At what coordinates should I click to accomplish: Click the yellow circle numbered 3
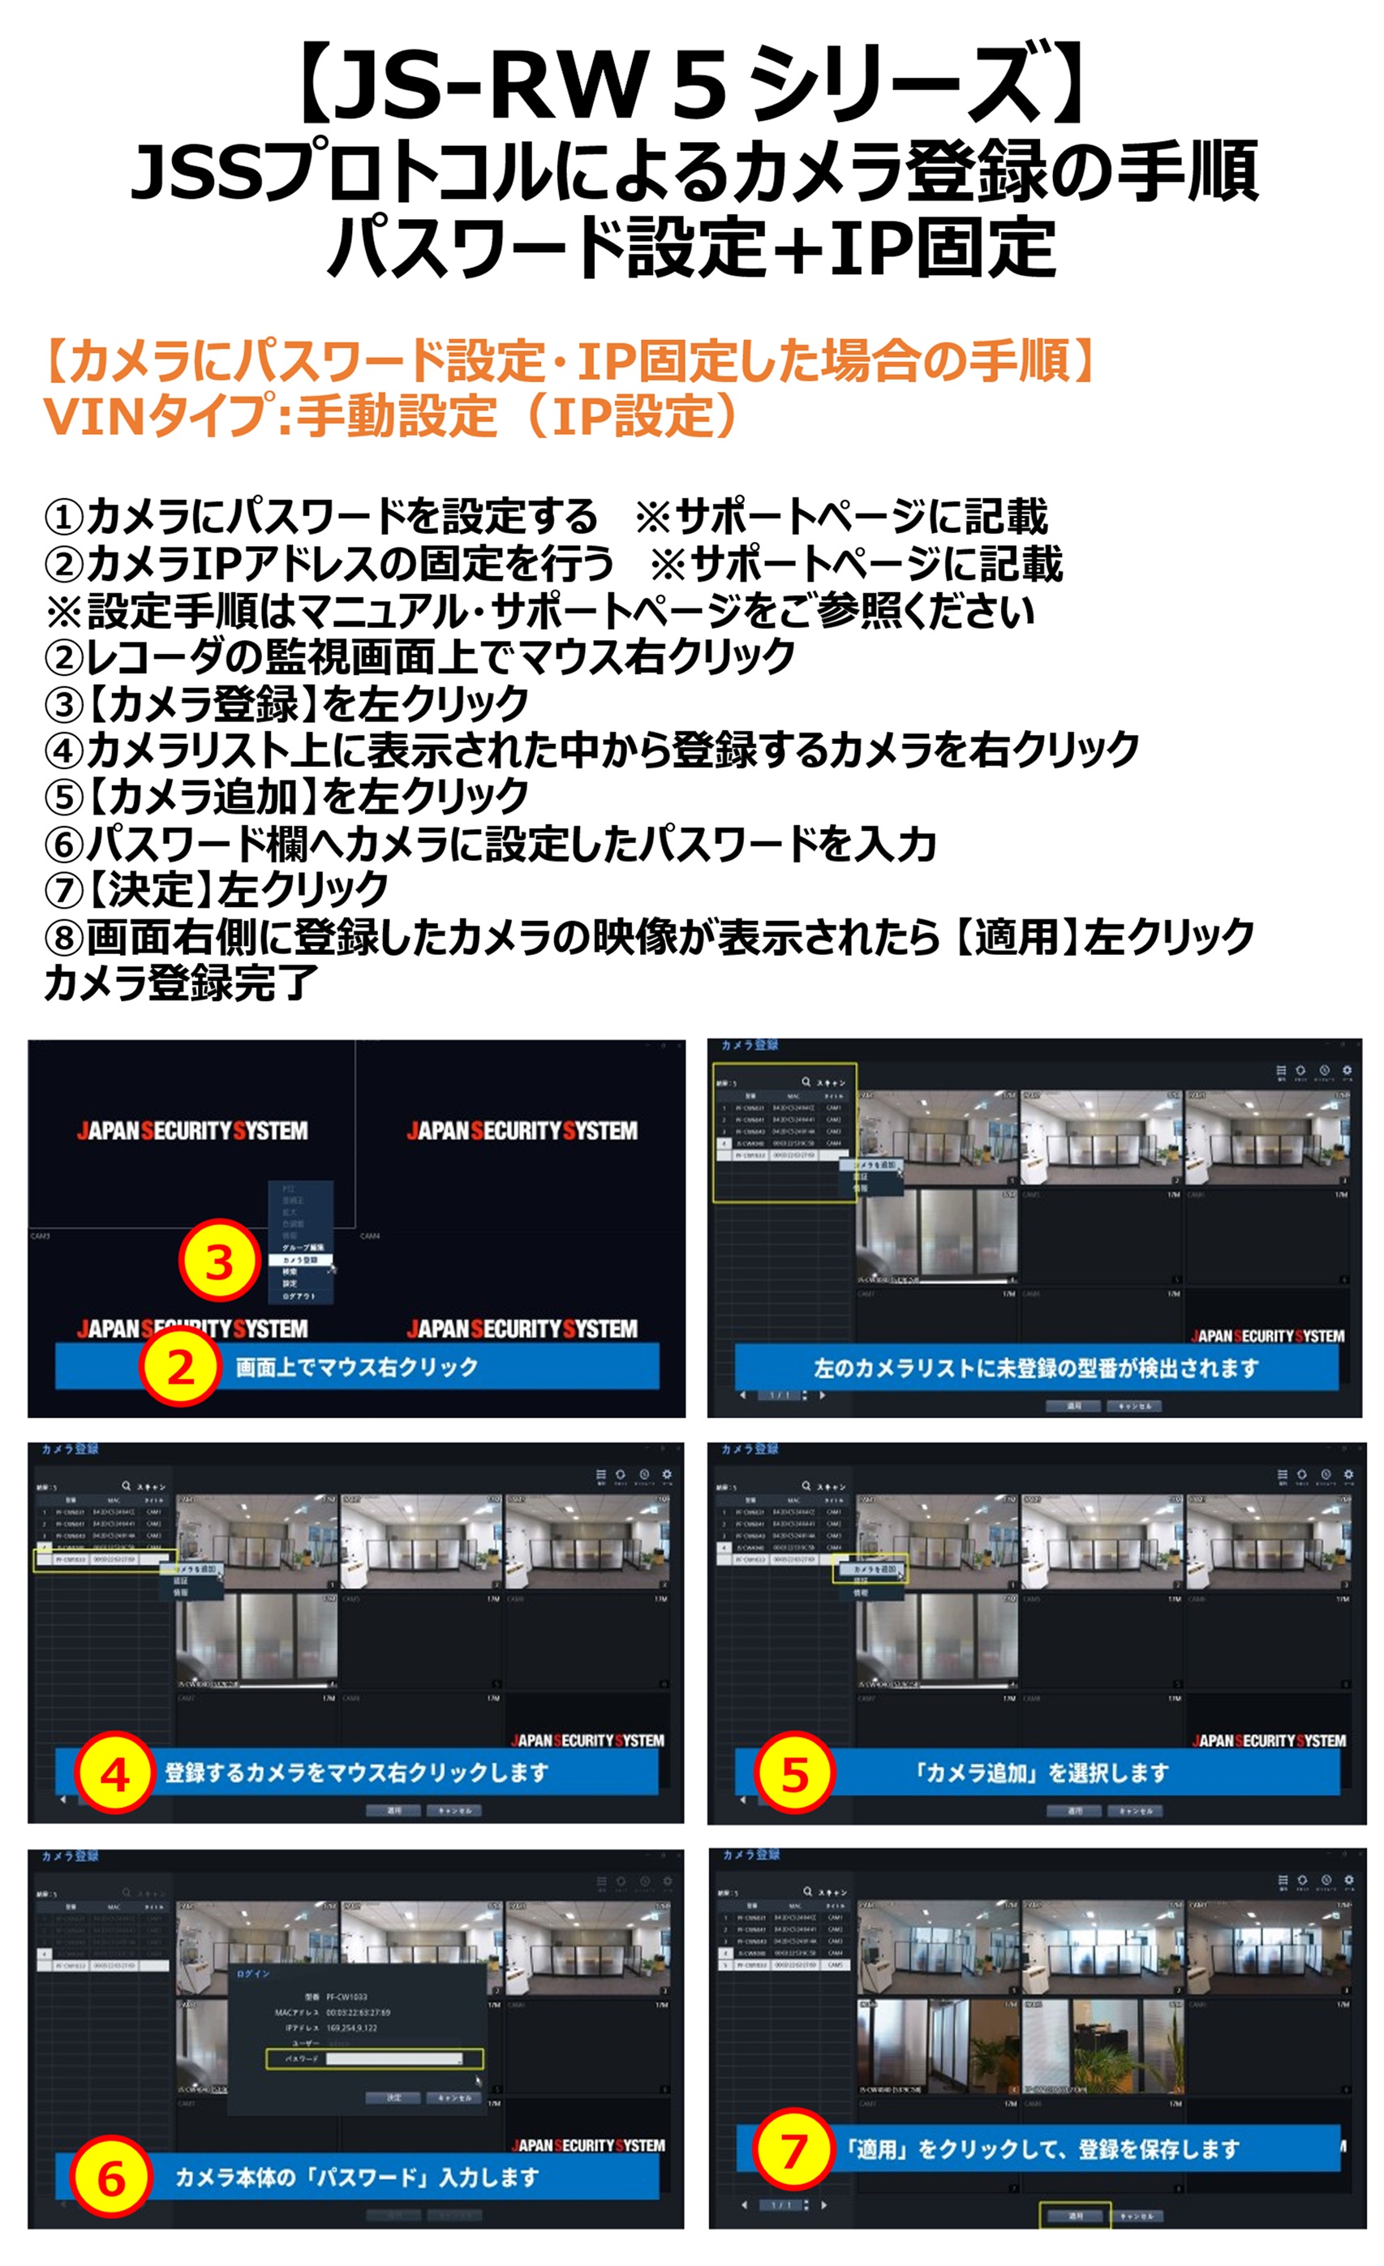(219, 1262)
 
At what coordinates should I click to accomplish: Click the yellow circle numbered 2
(180, 1368)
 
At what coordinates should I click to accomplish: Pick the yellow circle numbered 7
(793, 2150)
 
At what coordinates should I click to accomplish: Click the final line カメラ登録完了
(181, 983)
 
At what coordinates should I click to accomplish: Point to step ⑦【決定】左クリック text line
(216, 889)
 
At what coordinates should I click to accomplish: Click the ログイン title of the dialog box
(253, 1975)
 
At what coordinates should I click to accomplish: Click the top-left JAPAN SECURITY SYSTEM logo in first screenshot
(192, 1130)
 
